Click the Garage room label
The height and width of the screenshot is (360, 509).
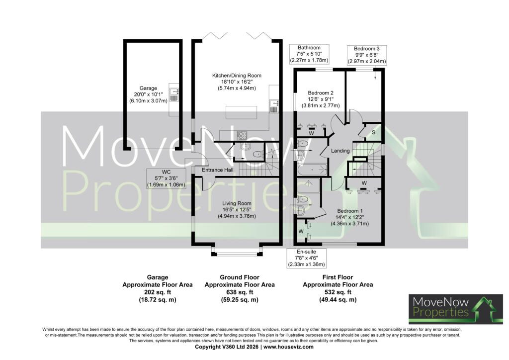coord(148,88)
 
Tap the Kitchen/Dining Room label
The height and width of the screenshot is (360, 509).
coord(237,75)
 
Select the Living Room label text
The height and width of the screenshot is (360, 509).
coord(237,203)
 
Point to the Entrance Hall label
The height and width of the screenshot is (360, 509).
coord(218,170)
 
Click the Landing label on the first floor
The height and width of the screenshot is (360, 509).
coord(340,151)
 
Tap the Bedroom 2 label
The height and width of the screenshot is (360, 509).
coord(321,93)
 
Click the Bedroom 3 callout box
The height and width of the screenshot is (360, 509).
coord(367,55)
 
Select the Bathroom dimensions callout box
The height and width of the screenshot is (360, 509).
coord(309,54)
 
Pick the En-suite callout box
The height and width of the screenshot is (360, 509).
coord(306,258)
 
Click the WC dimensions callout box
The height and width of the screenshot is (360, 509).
coord(166,179)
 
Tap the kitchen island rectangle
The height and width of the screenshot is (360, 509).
coord(241,112)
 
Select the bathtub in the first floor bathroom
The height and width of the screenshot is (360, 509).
coord(312,170)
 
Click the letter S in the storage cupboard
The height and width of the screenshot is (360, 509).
coord(374,132)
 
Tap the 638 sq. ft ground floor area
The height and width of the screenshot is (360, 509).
coord(240,292)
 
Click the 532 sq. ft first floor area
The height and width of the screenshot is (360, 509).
coord(338,292)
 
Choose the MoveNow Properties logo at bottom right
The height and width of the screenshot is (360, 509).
coord(456,309)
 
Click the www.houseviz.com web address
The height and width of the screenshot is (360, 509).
coord(288,347)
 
